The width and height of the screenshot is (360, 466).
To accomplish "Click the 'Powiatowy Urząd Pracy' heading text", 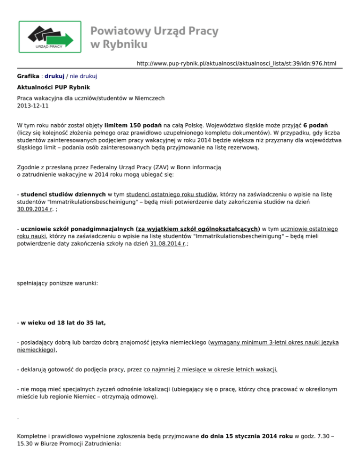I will (x=154, y=31).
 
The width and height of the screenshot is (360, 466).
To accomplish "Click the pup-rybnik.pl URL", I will (x=236, y=63).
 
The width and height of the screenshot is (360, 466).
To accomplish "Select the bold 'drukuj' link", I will (x=54, y=76).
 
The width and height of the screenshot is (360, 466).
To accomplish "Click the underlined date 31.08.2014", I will (x=160, y=245).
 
